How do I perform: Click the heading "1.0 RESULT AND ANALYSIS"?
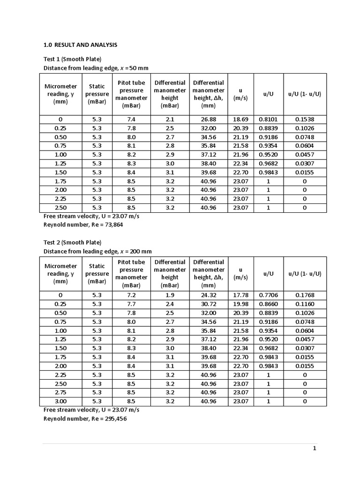(x=80, y=45)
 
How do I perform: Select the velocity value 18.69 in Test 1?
(x=240, y=120)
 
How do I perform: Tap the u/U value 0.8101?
(x=268, y=120)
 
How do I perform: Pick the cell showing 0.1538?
(x=305, y=120)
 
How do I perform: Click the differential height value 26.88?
(x=208, y=120)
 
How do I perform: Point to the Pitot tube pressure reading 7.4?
(x=131, y=120)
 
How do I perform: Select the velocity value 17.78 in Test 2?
(x=240, y=295)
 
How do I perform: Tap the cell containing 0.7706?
(x=268, y=295)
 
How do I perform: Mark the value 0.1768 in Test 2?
(x=305, y=295)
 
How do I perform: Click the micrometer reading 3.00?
(x=60, y=401)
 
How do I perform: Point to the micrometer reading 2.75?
(x=60, y=392)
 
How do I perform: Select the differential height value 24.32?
(x=208, y=295)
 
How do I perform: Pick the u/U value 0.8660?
(x=268, y=304)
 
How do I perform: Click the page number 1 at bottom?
(x=315, y=449)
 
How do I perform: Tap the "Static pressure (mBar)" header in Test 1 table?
(x=97, y=94)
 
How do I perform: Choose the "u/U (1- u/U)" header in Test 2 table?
(x=305, y=273)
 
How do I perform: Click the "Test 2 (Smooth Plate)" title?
(x=72, y=242)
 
